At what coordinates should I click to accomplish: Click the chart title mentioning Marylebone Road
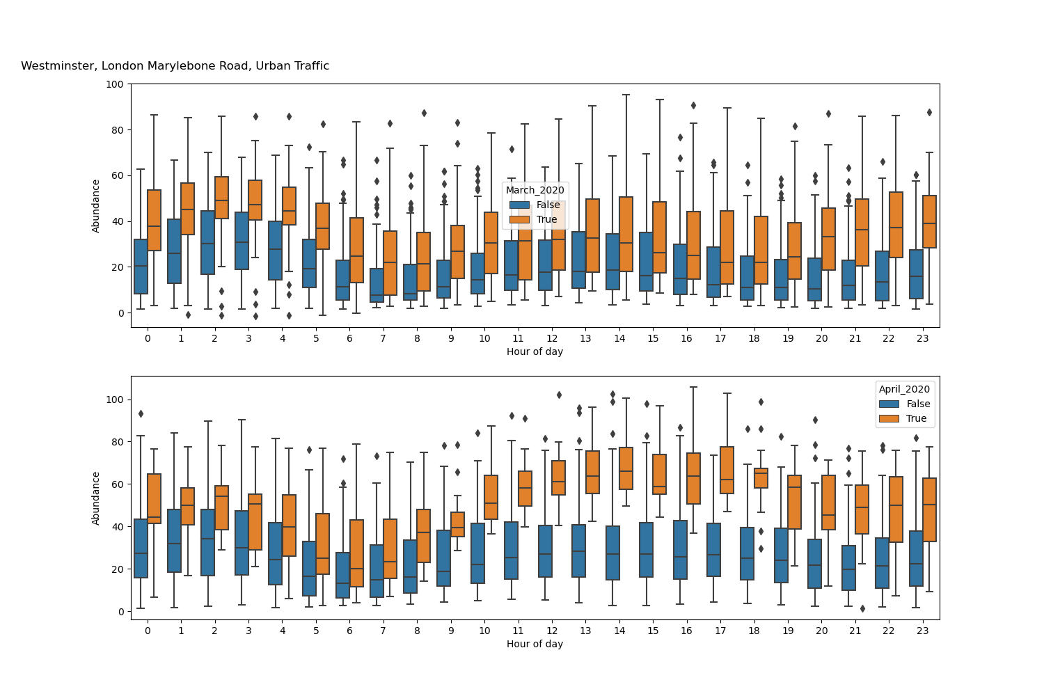coord(175,66)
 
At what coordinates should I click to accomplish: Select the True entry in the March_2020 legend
coord(547,219)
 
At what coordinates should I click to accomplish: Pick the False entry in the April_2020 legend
coord(918,404)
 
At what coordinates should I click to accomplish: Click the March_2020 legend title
coord(535,190)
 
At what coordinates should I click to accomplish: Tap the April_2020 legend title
coord(904,389)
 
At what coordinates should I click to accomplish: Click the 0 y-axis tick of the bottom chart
coord(120,612)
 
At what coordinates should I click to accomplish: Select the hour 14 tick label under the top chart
coord(619,338)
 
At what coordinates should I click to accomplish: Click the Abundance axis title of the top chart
coord(96,205)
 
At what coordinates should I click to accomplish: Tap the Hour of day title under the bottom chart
coord(535,644)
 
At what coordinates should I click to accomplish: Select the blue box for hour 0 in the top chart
coord(141,267)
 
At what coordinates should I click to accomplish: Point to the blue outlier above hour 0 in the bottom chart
coord(141,413)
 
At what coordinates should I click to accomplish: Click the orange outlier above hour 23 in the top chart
coord(929,112)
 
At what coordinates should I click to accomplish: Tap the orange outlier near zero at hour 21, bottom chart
coord(862,608)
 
